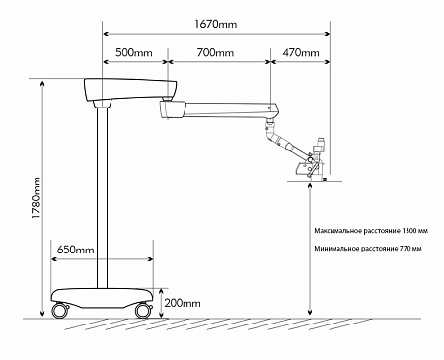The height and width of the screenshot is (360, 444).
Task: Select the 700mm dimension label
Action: click(216, 52)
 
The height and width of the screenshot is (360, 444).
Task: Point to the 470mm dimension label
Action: click(299, 52)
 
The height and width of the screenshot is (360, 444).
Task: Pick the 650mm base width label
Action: click(76, 250)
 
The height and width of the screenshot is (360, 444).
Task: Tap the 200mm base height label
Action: click(183, 303)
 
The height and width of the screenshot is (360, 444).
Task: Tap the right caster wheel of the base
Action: click(144, 309)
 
